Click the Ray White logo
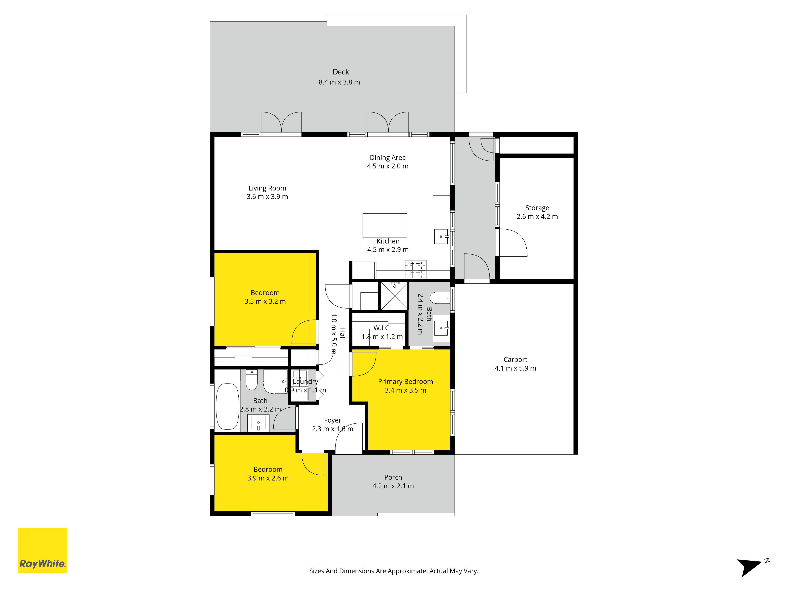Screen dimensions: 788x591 [x=42, y=550]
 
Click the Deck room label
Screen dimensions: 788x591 [x=341, y=72]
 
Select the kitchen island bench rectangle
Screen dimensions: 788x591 [x=385, y=226]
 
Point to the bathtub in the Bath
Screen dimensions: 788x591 [x=228, y=406]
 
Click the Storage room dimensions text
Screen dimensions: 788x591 [x=537, y=217]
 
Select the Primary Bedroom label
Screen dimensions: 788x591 [x=405, y=382]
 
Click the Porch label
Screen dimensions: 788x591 [x=393, y=477]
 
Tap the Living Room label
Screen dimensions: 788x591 [x=267, y=188]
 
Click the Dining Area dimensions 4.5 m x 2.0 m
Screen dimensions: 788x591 [x=387, y=166]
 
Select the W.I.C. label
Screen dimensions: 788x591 [x=382, y=328]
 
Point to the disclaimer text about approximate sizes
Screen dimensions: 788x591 [x=394, y=571]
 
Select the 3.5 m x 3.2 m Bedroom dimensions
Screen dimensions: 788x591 [x=265, y=301]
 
